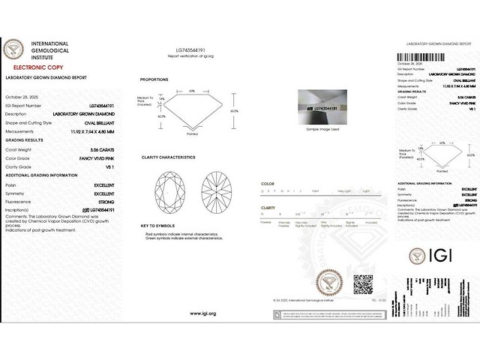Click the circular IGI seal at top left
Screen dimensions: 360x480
click(15, 51)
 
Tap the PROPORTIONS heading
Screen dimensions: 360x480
click(154, 79)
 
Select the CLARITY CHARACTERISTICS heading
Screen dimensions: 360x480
click(169, 157)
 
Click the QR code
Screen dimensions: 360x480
click(363, 285)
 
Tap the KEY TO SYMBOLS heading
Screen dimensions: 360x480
click(158, 226)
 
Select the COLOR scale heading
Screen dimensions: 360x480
click(267, 183)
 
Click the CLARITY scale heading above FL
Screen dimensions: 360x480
click(268, 207)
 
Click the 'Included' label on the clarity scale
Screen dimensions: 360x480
click(370, 223)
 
